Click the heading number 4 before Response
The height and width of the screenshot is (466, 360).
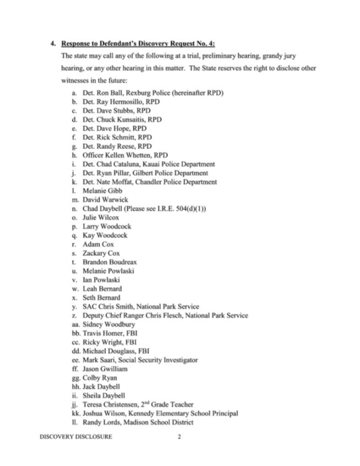(53, 43)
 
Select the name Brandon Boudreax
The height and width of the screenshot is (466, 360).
(110, 262)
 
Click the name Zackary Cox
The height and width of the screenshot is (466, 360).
(101, 253)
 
